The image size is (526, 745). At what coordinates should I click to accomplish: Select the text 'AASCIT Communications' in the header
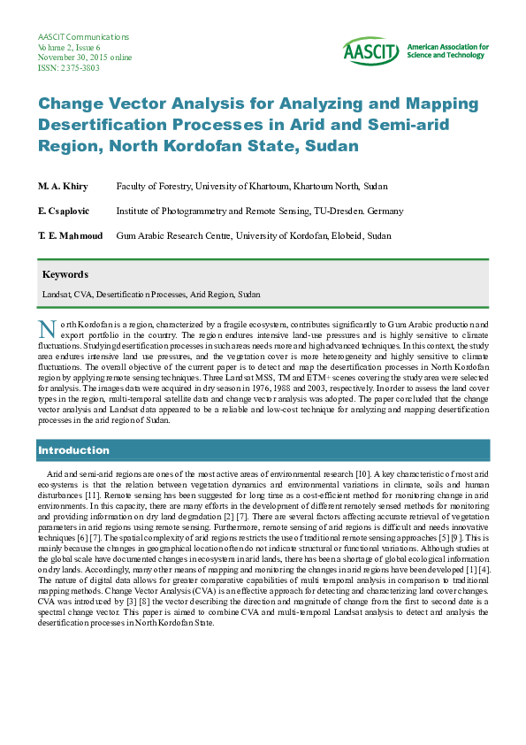(x=84, y=37)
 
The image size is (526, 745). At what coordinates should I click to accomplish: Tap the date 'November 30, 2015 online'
(x=85, y=58)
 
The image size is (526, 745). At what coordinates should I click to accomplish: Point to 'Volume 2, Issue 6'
(x=69, y=47)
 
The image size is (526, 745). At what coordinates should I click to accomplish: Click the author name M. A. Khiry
(x=64, y=187)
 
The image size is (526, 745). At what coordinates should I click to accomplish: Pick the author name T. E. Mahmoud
(x=71, y=236)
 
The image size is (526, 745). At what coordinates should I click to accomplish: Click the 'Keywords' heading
(x=65, y=274)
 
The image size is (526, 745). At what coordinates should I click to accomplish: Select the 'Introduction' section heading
(x=73, y=450)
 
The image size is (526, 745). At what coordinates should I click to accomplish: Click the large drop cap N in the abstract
(x=48, y=329)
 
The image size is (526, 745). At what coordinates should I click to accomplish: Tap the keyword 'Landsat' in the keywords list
(x=57, y=294)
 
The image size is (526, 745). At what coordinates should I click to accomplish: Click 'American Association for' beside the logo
(x=447, y=46)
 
